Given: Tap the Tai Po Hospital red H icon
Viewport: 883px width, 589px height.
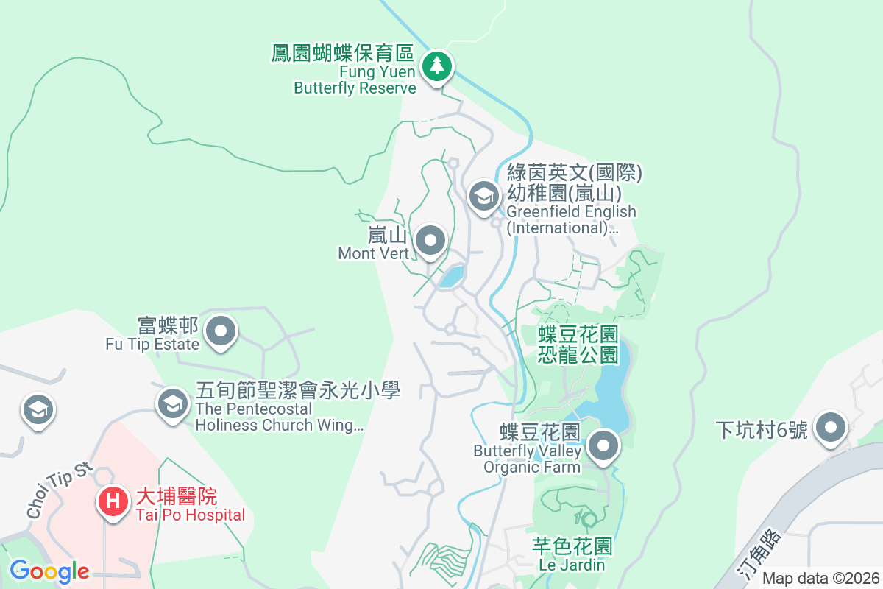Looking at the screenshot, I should coord(113,501).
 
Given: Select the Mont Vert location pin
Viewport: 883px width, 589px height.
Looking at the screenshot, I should coord(430,240).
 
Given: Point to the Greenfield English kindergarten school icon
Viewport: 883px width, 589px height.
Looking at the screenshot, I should coord(483,196).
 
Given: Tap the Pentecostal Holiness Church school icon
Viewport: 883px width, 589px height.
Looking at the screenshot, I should coord(173,403).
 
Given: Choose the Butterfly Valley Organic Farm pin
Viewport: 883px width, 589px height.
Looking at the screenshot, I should coord(604,445).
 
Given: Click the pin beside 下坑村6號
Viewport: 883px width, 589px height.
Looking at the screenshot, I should coord(831,426).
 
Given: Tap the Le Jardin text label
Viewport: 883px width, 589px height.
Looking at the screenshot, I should coord(572,565).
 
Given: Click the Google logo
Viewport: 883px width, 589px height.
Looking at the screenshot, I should coord(49,571).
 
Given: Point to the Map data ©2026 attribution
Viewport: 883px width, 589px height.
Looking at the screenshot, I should coord(820,578).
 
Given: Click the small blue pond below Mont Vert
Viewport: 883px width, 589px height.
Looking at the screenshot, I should coord(451,276).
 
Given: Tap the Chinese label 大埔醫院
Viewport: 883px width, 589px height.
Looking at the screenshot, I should coord(177,497).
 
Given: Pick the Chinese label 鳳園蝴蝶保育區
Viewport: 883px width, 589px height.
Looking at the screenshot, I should coord(343,54).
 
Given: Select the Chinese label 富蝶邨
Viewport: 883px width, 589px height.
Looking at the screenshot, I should coord(169,325).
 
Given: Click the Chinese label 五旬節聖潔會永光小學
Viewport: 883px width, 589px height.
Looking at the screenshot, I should coord(297,389).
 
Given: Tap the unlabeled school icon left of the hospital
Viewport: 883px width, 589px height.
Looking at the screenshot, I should coord(38,410).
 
